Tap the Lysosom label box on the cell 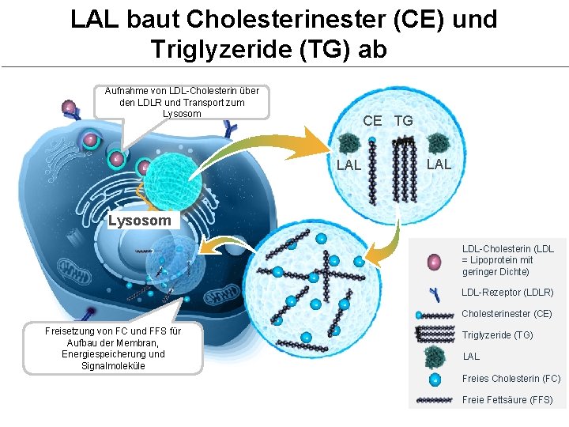(x=140, y=221)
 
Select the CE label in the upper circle (x=372, y=121)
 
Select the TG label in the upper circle (x=403, y=121)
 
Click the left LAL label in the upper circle (x=349, y=165)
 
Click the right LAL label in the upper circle (x=439, y=164)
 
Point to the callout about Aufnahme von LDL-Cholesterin (x=182, y=102)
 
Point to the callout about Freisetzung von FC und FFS (x=113, y=348)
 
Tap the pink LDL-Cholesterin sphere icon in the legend (x=433, y=261)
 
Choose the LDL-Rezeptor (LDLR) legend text (x=507, y=293)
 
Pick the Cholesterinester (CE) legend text (x=507, y=314)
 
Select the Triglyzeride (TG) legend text (x=496, y=335)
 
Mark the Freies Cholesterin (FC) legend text (x=511, y=379)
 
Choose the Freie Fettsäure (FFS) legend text (x=507, y=400)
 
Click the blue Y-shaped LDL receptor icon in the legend (x=435, y=294)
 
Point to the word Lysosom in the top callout (x=182, y=114)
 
